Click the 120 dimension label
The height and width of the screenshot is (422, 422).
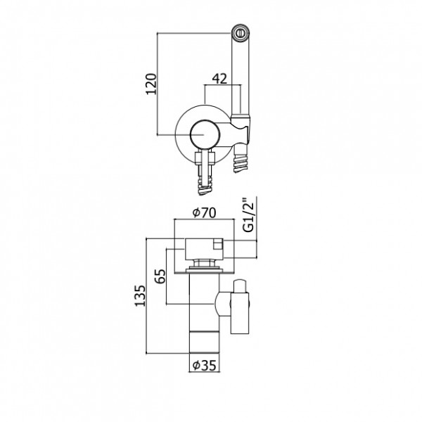pyautogui.click(x=151, y=84)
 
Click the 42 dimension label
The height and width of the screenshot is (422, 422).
pyautogui.click(x=220, y=79)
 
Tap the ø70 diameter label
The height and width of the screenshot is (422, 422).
pyautogui.click(x=204, y=212)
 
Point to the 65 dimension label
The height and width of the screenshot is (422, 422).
pyautogui.click(x=160, y=276)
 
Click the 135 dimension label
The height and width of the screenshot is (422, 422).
pyautogui.click(x=140, y=295)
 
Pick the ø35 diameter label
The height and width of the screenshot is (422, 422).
pyautogui.click(x=205, y=365)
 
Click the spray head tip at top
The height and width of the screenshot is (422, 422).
pyautogui.click(x=241, y=33)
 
